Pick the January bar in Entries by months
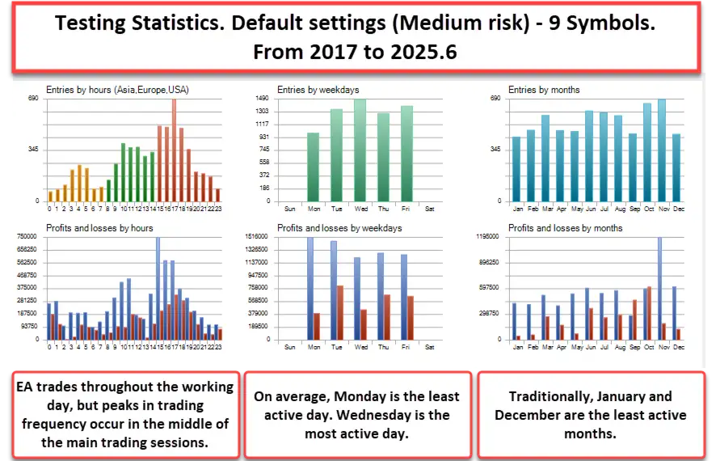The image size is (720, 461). point(517,170)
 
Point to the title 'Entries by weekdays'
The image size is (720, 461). point(318,90)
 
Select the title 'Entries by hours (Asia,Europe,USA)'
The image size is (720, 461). point(118,90)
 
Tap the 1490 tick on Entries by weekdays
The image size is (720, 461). point(262,99)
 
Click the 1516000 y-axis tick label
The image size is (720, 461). point(258,237)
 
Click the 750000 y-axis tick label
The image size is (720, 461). point(26,237)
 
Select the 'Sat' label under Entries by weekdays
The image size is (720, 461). point(429,208)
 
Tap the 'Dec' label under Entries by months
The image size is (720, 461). point(678,208)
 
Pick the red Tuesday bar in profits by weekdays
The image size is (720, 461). point(340,312)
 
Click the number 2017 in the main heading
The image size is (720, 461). point(326,52)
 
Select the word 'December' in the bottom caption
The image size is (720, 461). point(533,415)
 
